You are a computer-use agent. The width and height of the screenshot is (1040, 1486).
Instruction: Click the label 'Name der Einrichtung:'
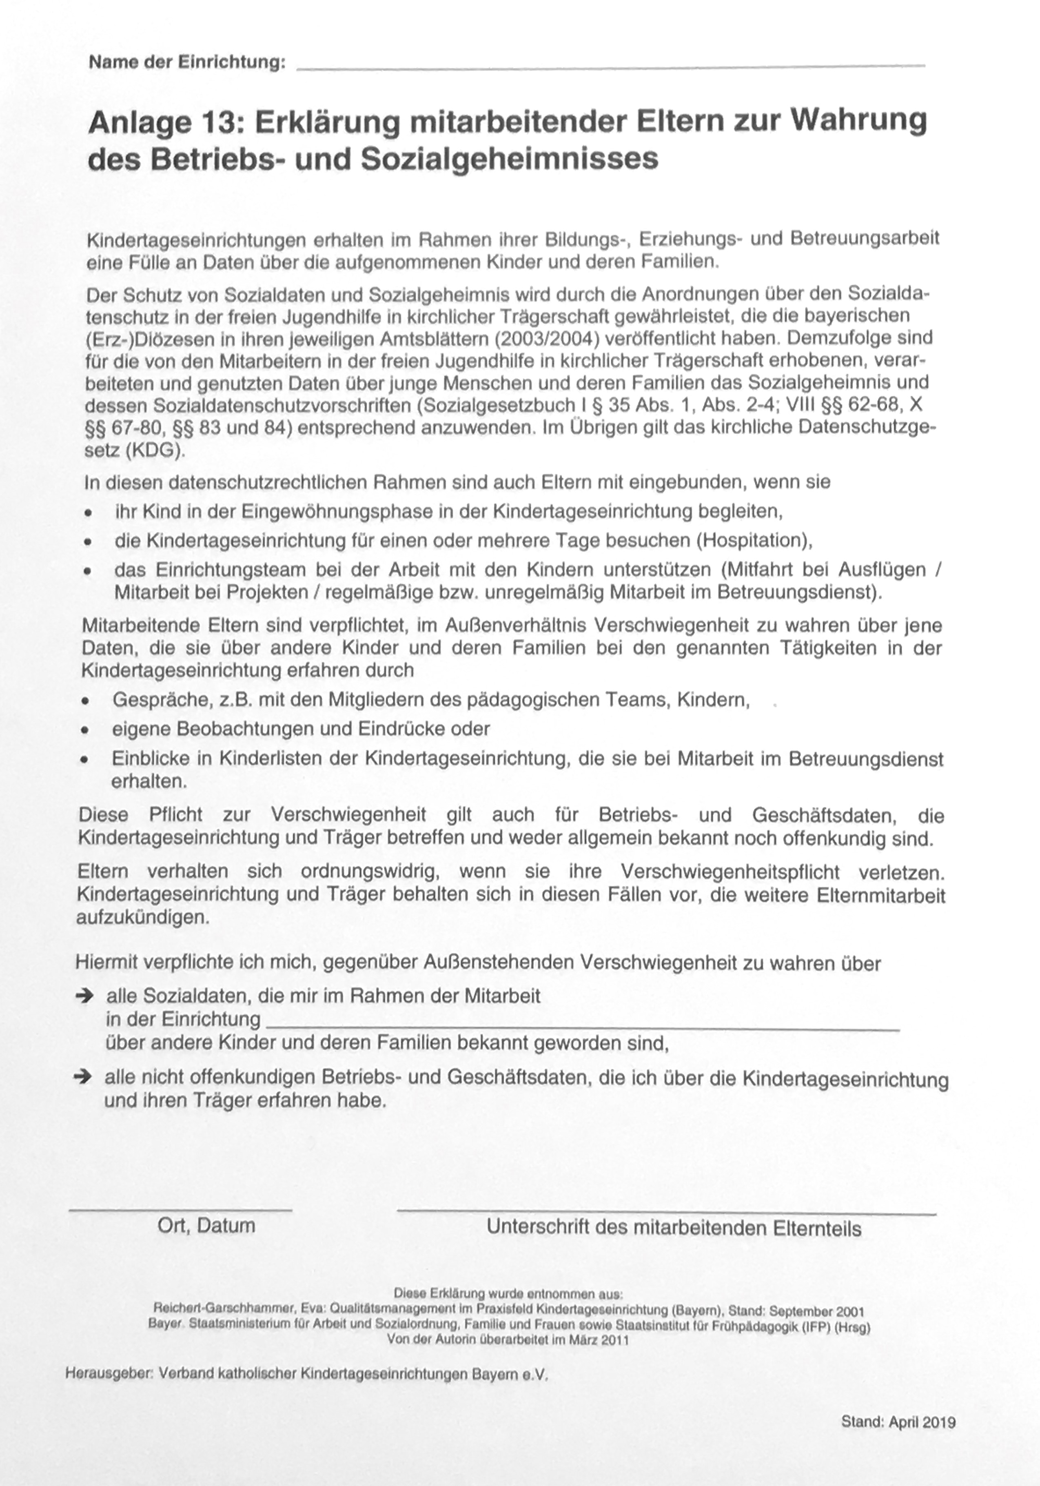coord(187,63)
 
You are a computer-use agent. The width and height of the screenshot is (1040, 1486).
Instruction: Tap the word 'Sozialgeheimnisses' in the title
coord(509,159)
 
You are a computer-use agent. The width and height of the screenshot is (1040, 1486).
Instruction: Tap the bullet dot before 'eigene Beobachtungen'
coord(84,730)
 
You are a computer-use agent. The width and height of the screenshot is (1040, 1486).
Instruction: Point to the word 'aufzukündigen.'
coord(142,918)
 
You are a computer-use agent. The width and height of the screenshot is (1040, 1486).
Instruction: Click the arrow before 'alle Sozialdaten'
coord(84,996)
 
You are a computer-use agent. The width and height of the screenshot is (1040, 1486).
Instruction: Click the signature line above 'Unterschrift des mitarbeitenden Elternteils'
coord(667,1211)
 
